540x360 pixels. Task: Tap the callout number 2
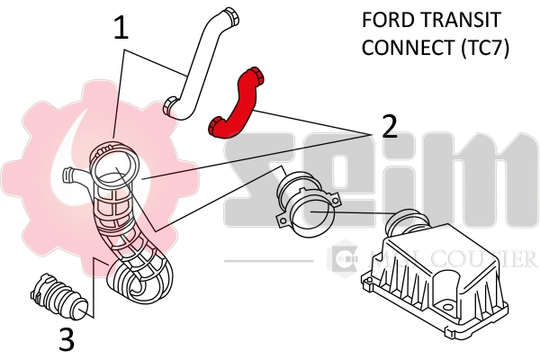(389, 126)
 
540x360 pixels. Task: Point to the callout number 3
(66, 339)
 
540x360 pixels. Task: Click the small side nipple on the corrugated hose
(72, 174)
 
